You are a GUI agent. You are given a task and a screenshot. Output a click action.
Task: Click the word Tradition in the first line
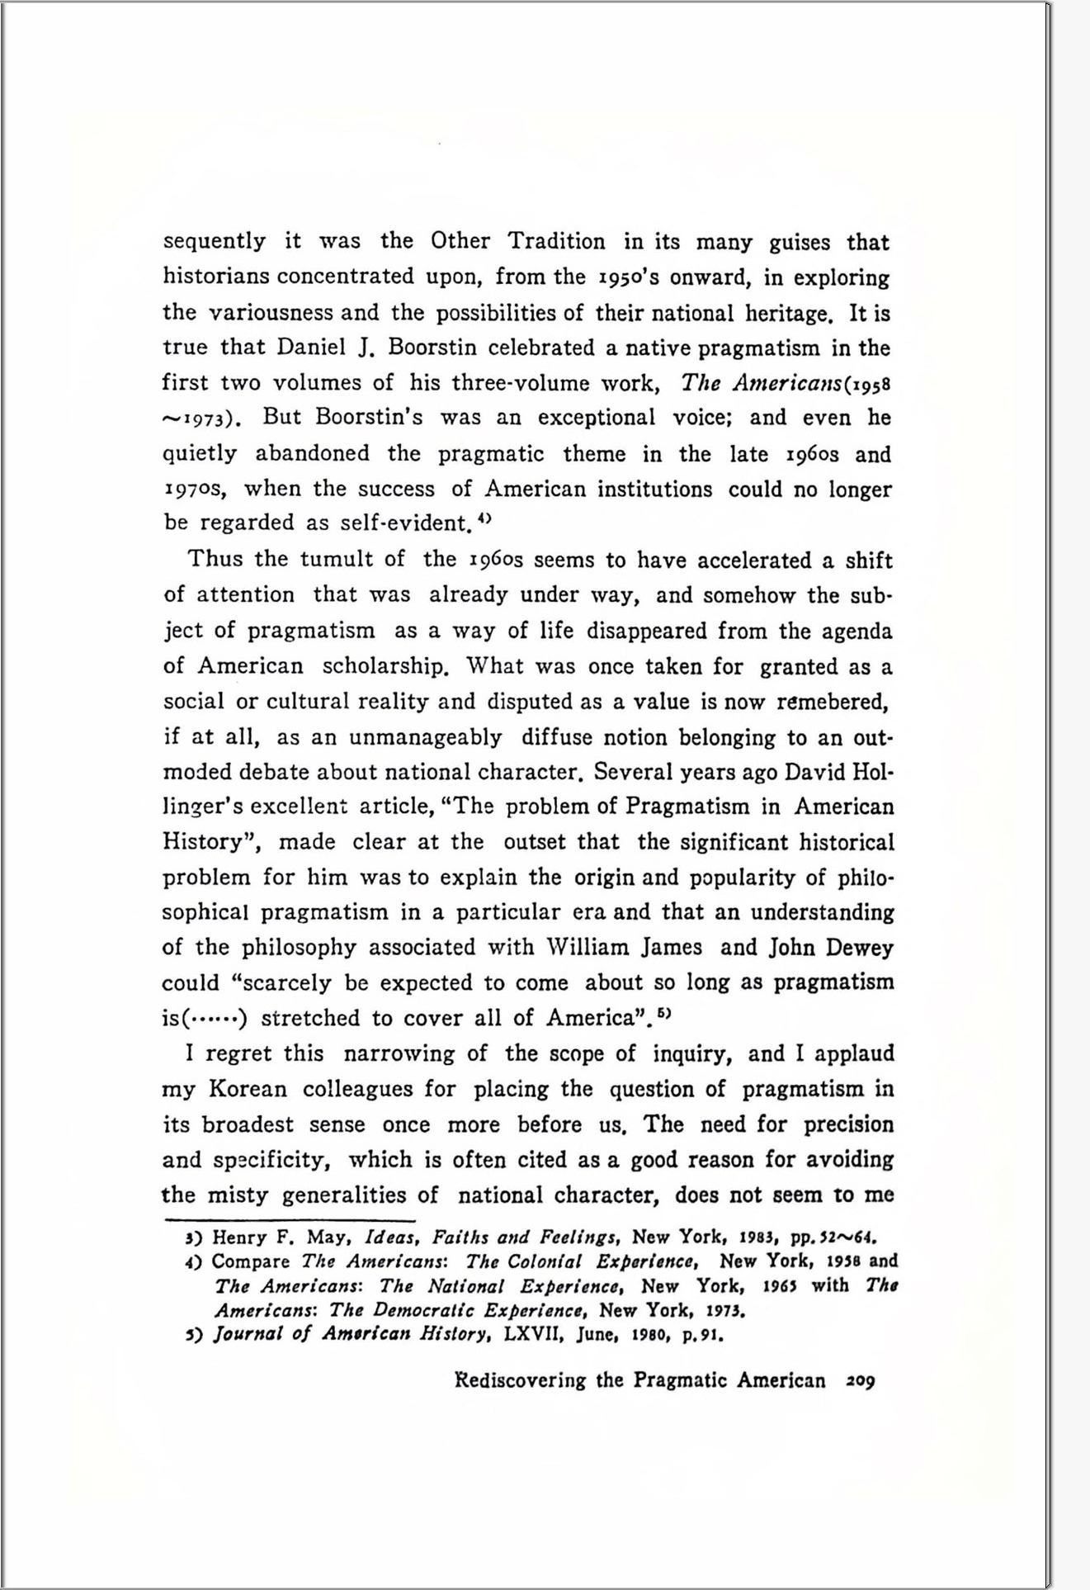556,241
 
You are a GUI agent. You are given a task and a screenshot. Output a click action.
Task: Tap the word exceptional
596,418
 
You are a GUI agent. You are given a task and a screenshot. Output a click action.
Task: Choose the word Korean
248,1089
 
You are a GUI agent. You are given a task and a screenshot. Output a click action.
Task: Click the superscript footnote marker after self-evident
485,518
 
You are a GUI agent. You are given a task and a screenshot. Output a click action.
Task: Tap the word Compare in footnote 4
250,1262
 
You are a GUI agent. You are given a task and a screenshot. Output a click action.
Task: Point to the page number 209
860,1380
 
